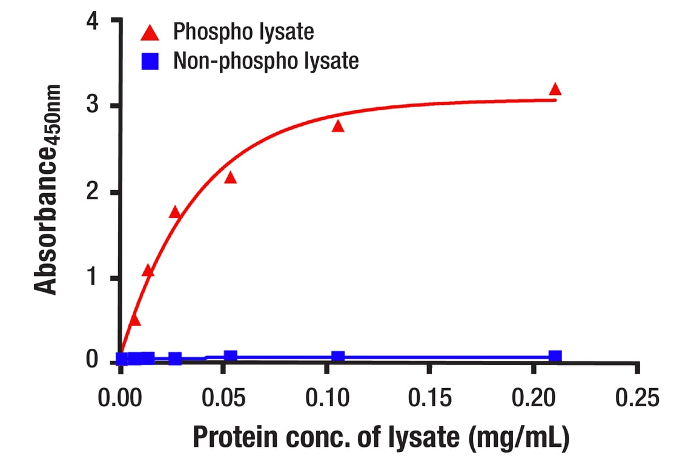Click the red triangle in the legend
click(150, 32)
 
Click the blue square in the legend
click(150, 61)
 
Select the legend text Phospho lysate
click(243, 31)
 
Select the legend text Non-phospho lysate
click(266, 61)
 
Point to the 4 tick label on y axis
click(92, 21)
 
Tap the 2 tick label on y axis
click(92, 193)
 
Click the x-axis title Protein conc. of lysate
click(381, 438)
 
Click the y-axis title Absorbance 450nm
click(47, 190)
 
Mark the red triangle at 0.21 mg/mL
click(555, 90)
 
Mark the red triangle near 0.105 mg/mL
click(338, 126)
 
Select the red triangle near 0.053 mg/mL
click(230, 177)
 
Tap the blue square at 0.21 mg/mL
click(555, 356)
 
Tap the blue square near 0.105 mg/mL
click(338, 357)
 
